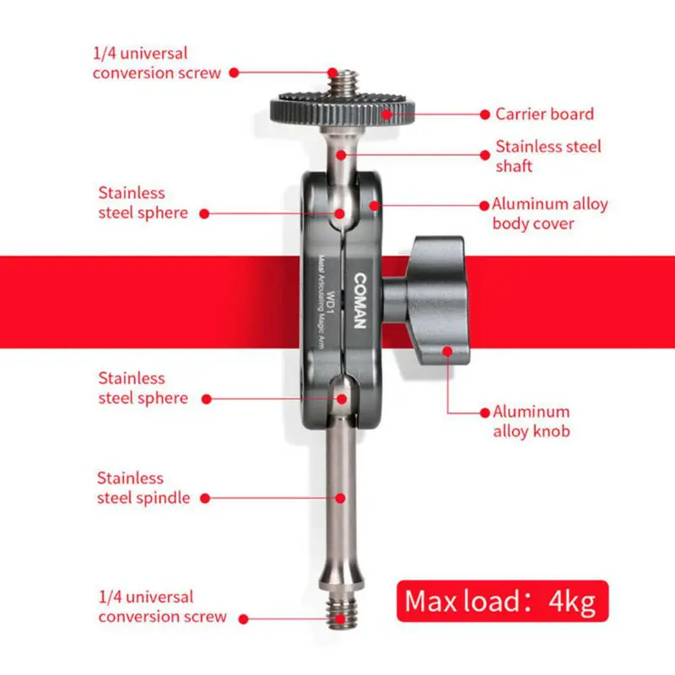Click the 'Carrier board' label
click(544, 114)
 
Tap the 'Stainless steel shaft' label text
click(548, 156)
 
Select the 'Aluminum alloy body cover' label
click(549, 213)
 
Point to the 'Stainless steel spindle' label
click(143, 488)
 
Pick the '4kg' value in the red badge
click(572, 602)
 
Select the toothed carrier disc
click(343, 109)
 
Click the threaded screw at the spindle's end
click(341, 615)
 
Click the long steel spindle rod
click(342, 498)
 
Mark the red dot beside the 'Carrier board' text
click(485, 114)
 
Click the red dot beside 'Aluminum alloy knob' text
click(484, 413)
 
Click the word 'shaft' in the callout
click(514, 166)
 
